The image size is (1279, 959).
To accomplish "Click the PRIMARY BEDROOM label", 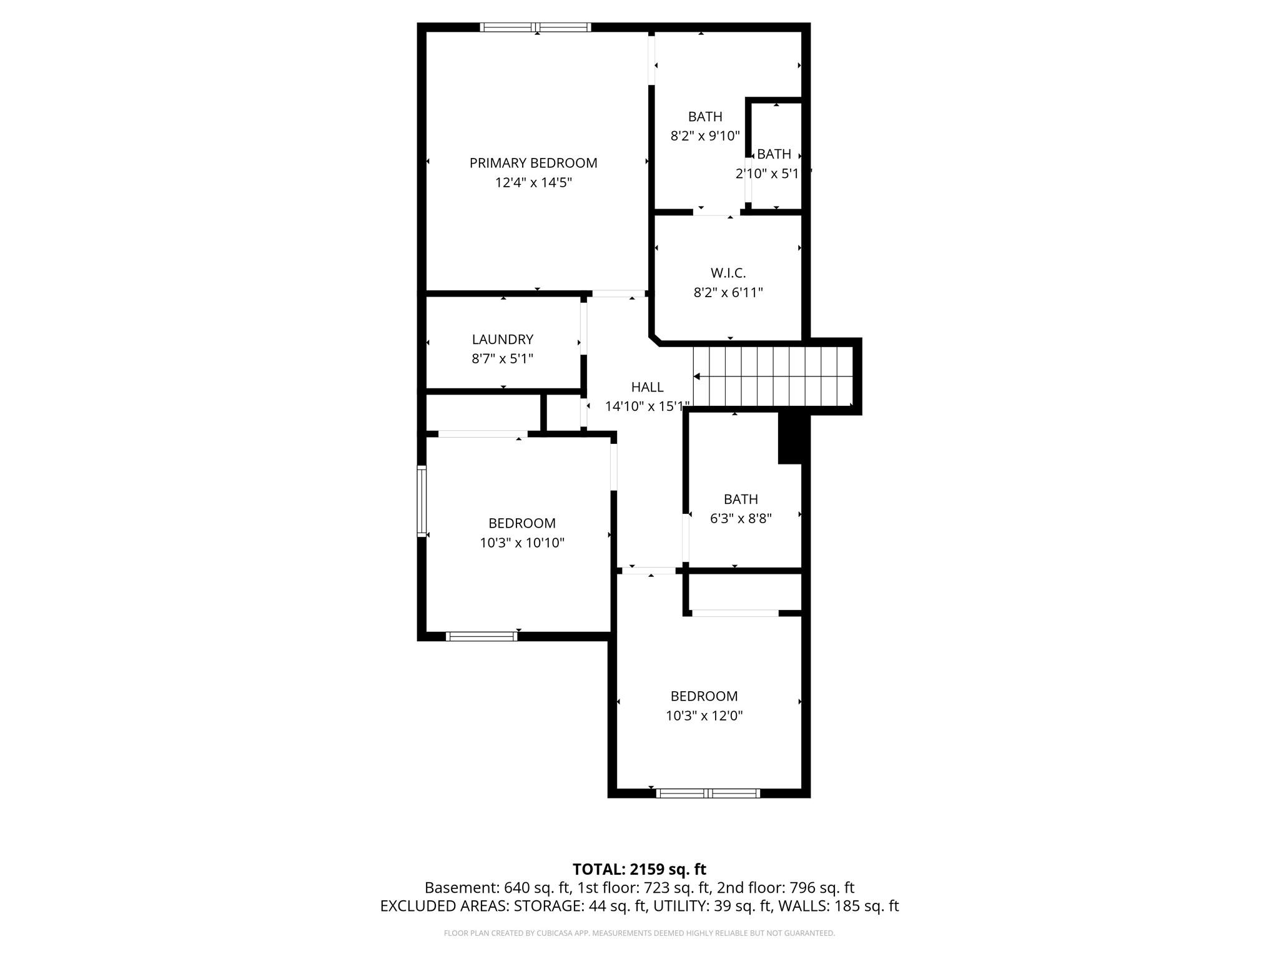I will click(x=533, y=163).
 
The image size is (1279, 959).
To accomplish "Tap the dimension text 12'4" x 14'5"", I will click(x=533, y=183).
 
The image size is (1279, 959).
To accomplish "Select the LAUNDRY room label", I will click(x=502, y=339).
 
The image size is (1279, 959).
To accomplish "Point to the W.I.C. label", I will click(x=728, y=273).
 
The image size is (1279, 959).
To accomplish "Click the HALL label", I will click(x=647, y=387).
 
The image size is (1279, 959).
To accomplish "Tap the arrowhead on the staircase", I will click(x=697, y=376).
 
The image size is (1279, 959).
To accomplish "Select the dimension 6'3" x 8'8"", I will click(x=741, y=518).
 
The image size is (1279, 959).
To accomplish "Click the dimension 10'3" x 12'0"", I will click(x=704, y=716).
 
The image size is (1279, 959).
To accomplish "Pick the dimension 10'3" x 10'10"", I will click(x=521, y=543).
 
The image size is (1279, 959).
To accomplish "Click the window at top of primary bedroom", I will click(x=535, y=27).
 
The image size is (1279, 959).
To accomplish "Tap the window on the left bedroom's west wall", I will click(x=422, y=501).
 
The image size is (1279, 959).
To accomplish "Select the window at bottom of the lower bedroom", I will click(x=708, y=794).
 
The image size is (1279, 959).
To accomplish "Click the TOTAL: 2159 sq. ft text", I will click(x=639, y=869).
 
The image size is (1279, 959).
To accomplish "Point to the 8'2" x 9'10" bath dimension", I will click(x=705, y=135).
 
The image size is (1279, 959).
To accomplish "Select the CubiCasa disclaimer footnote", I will click(x=639, y=933).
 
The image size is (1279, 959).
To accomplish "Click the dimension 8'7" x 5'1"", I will click(x=502, y=359).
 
